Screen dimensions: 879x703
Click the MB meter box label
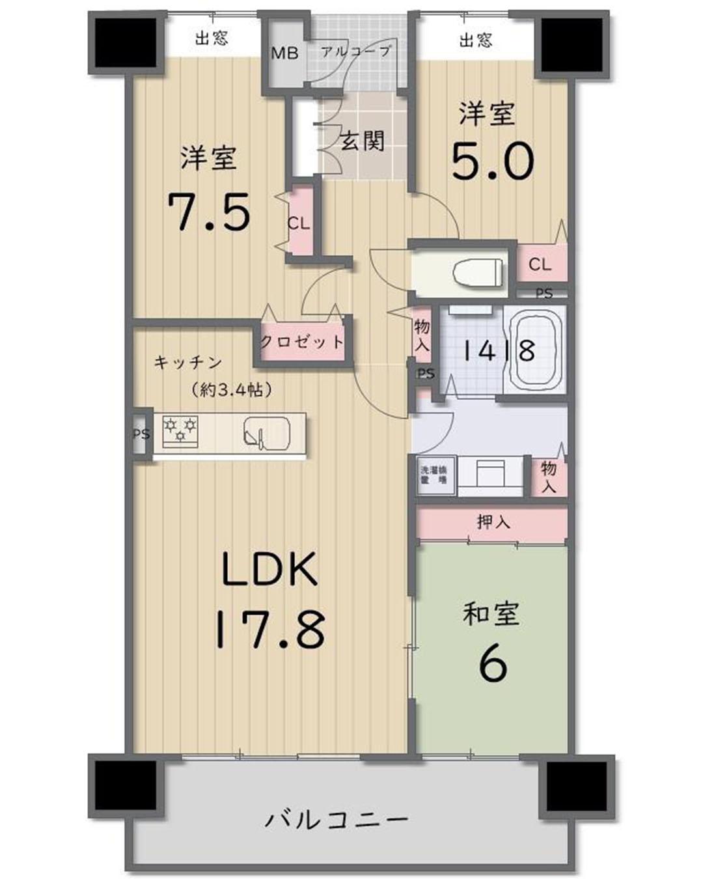point(284,53)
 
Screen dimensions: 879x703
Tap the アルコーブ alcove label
point(356,51)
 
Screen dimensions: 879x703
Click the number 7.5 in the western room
point(209,212)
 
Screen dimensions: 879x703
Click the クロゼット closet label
point(302,341)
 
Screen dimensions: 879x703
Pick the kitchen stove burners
point(180,431)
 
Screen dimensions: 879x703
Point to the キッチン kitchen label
point(188,363)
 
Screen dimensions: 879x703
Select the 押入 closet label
point(493,522)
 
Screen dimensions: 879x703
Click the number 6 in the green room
point(492,664)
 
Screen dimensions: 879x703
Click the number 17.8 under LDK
point(269,628)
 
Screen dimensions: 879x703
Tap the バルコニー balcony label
point(337,818)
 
